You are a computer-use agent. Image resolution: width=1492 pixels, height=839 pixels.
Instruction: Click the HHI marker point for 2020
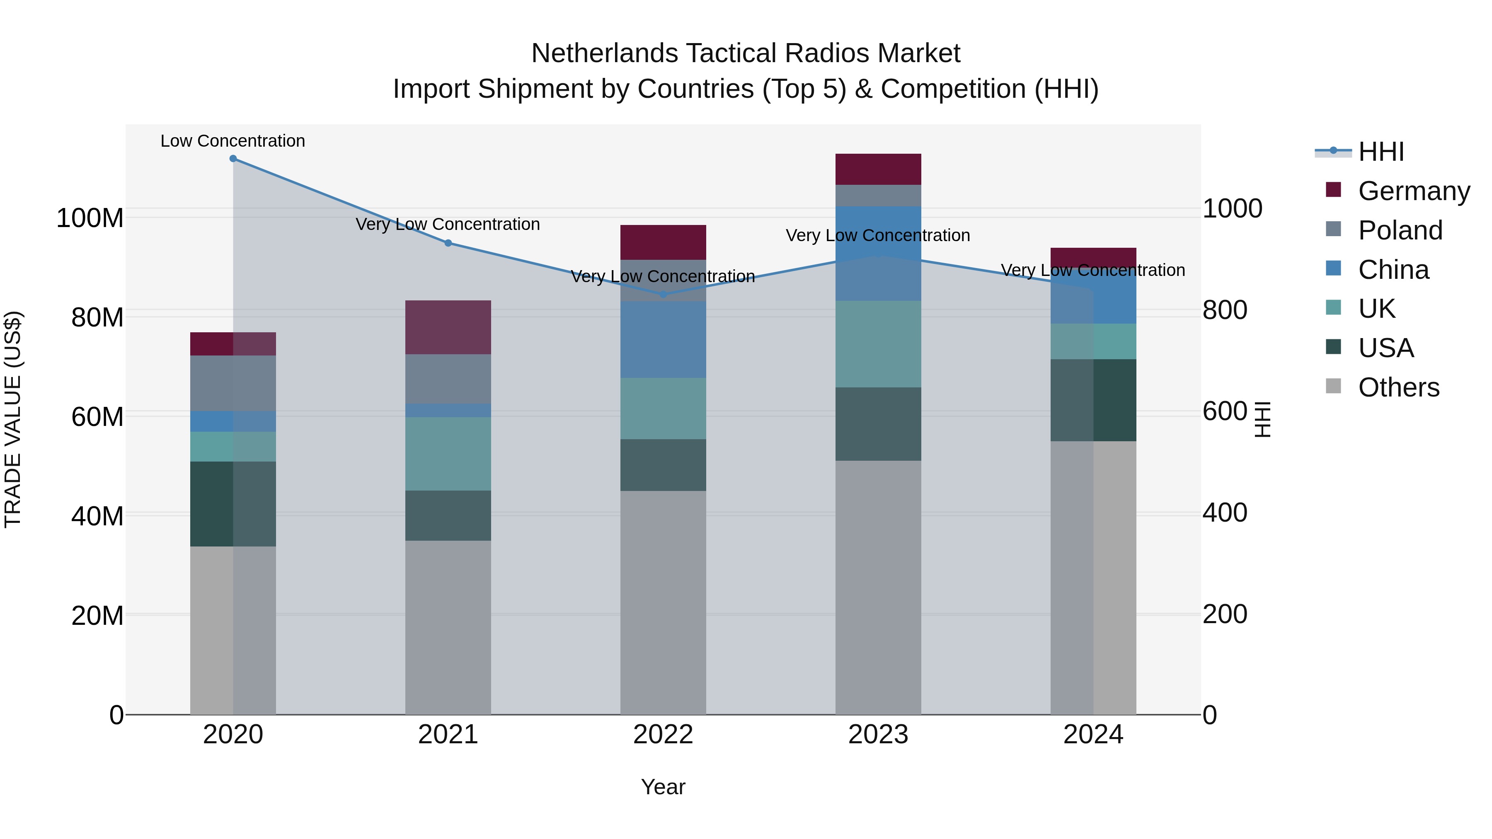coord(233,159)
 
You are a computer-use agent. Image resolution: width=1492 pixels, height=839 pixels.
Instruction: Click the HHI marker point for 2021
coord(448,243)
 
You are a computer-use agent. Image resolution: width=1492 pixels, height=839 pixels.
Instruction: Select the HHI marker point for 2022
coord(663,294)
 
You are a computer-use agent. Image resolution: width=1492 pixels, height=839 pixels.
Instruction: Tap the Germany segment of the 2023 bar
coord(878,169)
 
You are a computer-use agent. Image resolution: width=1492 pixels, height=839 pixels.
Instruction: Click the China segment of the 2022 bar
coord(663,339)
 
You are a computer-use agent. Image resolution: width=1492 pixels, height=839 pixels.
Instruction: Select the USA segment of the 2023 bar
coord(878,424)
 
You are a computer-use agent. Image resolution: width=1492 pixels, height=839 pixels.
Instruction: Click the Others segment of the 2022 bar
coord(663,602)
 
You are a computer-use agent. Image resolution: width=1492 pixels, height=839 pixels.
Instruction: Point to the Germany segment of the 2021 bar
coord(448,327)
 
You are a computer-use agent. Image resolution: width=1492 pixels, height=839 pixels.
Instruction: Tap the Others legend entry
coord(1398,387)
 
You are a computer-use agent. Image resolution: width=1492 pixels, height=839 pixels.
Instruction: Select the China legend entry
coord(1393,270)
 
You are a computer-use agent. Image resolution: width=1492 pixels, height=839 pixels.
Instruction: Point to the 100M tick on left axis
coord(90,218)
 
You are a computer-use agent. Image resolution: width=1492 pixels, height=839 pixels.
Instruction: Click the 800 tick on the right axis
coord(1224,310)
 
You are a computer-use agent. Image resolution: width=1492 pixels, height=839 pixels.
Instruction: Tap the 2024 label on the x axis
coord(1093,735)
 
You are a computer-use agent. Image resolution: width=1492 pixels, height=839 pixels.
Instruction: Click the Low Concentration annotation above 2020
coord(233,141)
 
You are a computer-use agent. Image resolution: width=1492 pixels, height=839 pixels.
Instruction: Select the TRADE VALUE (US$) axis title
coord(13,419)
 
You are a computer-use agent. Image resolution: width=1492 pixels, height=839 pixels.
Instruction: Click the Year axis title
coord(663,787)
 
